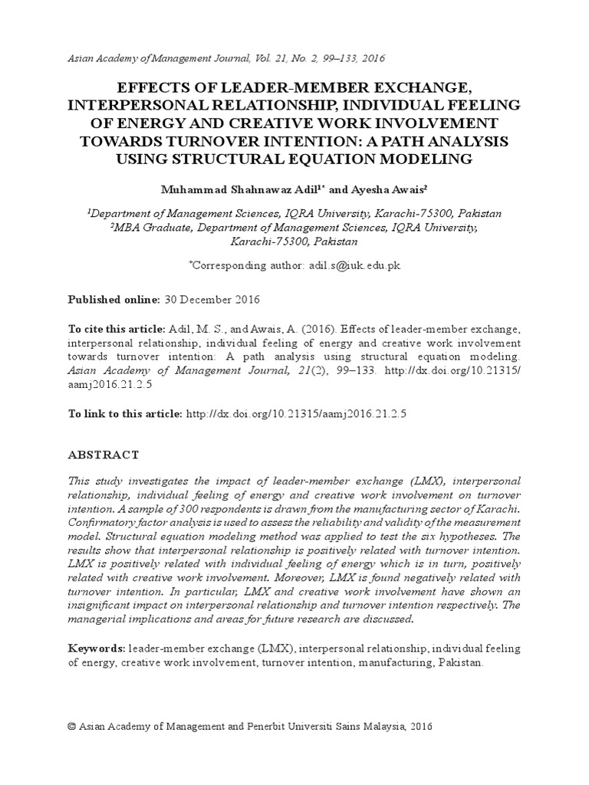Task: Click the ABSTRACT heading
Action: click(104, 455)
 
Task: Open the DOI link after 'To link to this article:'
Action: click(295, 413)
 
